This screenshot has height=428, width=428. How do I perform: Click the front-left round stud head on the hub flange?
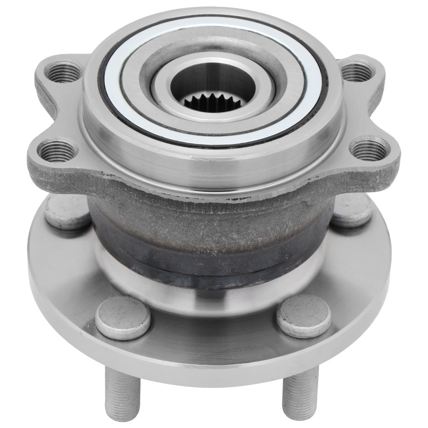pos(122,317)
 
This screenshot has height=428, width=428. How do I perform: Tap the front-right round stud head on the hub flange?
pos(303,316)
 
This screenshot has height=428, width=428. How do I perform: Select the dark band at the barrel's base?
pos(205,265)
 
